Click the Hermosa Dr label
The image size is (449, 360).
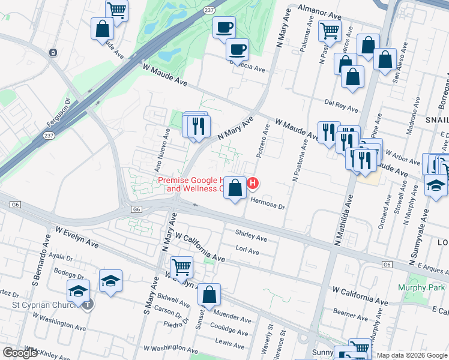(x=267, y=202)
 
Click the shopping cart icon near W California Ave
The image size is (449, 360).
(x=181, y=267)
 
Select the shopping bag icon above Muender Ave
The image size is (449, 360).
(x=209, y=295)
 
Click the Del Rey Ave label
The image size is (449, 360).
(x=341, y=106)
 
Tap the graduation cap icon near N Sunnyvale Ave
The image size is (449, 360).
(x=436, y=187)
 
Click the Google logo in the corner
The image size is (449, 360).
(x=20, y=353)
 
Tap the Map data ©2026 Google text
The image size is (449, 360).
(x=412, y=355)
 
